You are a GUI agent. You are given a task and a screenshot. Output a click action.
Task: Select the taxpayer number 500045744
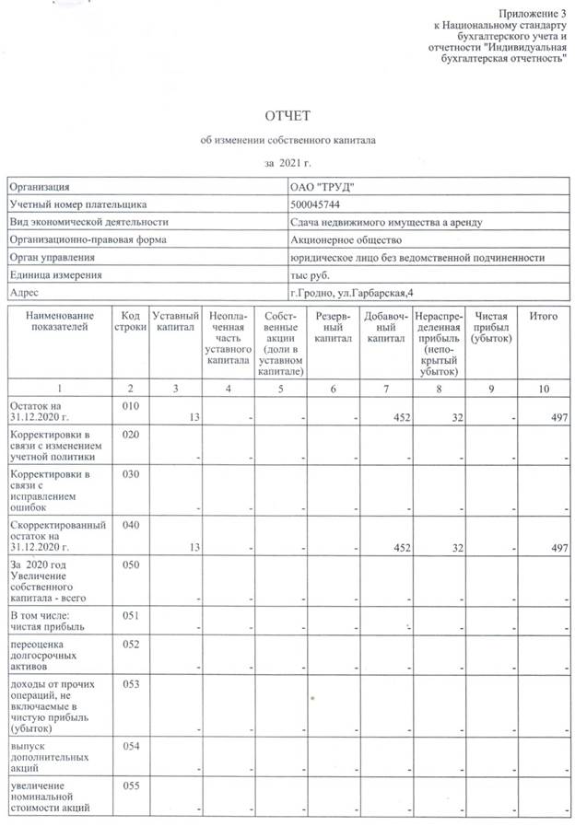click(315, 204)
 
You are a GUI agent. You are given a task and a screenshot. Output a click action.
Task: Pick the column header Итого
click(544, 317)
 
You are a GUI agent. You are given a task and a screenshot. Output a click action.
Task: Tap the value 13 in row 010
click(194, 417)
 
